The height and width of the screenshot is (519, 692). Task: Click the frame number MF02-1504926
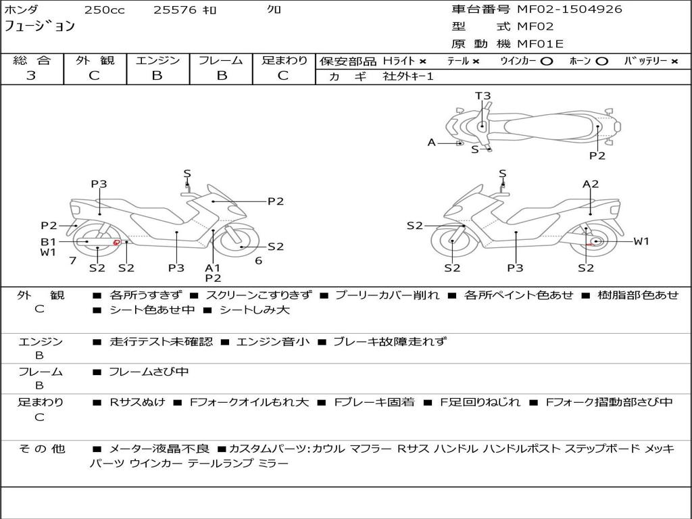coord(570,9)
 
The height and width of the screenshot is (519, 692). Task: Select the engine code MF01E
coord(540,44)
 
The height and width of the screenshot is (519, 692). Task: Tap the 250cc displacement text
coord(104,10)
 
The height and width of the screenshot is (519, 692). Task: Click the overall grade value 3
coord(31,76)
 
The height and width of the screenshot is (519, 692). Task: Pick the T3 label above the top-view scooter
coord(483,96)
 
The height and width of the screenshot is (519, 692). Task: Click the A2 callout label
coord(591,184)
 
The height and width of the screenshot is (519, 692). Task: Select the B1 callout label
coord(47,241)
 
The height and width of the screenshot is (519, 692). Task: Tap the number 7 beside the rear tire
coord(72,260)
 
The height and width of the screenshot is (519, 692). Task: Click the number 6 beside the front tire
coord(258,260)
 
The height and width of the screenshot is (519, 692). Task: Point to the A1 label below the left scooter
coord(213,268)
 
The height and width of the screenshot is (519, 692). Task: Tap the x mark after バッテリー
coord(674,61)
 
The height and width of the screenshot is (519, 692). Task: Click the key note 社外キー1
coord(410,76)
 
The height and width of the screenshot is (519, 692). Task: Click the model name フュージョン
coord(40,27)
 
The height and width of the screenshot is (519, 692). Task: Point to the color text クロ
coord(274,10)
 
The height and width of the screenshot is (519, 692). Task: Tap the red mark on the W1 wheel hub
coord(590,243)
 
